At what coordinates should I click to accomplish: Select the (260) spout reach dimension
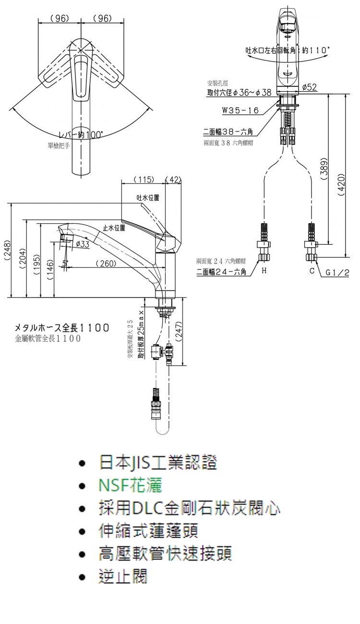tap(106, 263)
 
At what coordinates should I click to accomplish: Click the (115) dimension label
tap(144, 180)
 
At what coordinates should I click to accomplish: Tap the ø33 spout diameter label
tap(83, 244)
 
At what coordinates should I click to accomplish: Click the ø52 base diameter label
tap(310, 87)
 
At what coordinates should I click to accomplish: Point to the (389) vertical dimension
tap(324, 169)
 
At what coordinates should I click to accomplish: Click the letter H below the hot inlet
tap(264, 271)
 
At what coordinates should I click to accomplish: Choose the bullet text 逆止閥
tap(123, 576)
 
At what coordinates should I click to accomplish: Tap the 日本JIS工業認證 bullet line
tap(158, 463)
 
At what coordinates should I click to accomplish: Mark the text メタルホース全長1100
tap(62, 328)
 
